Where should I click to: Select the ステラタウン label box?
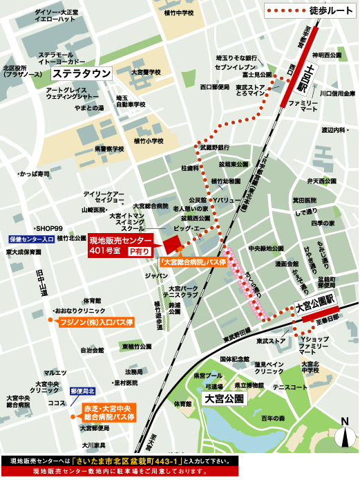pyautogui.click(x=82, y=73)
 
